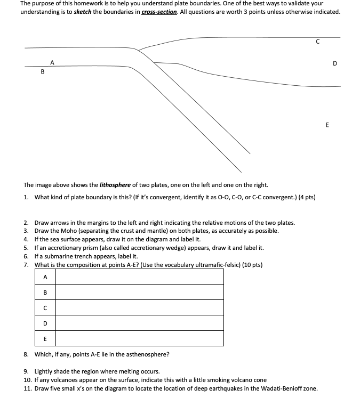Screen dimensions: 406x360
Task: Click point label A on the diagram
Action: [x=52, y=62]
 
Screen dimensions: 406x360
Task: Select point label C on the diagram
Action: [x=318, y=42]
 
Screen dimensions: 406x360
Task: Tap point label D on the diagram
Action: [x=334, y=64]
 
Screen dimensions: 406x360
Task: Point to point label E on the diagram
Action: [x=327, y=125]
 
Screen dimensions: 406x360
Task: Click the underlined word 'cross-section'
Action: [x=159, y=11]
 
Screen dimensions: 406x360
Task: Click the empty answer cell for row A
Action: [x=140, y=277]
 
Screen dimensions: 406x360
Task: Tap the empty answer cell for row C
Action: [x=140, y=307]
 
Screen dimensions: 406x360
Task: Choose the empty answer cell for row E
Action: [x=140, y=338]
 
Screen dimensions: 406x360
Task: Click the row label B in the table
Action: [x=45, y=292]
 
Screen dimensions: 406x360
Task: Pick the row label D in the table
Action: [x=45, y=323]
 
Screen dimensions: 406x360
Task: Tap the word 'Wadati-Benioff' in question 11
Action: [x=281, y=388]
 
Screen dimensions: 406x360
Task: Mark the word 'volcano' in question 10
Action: [x=246, y=380]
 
